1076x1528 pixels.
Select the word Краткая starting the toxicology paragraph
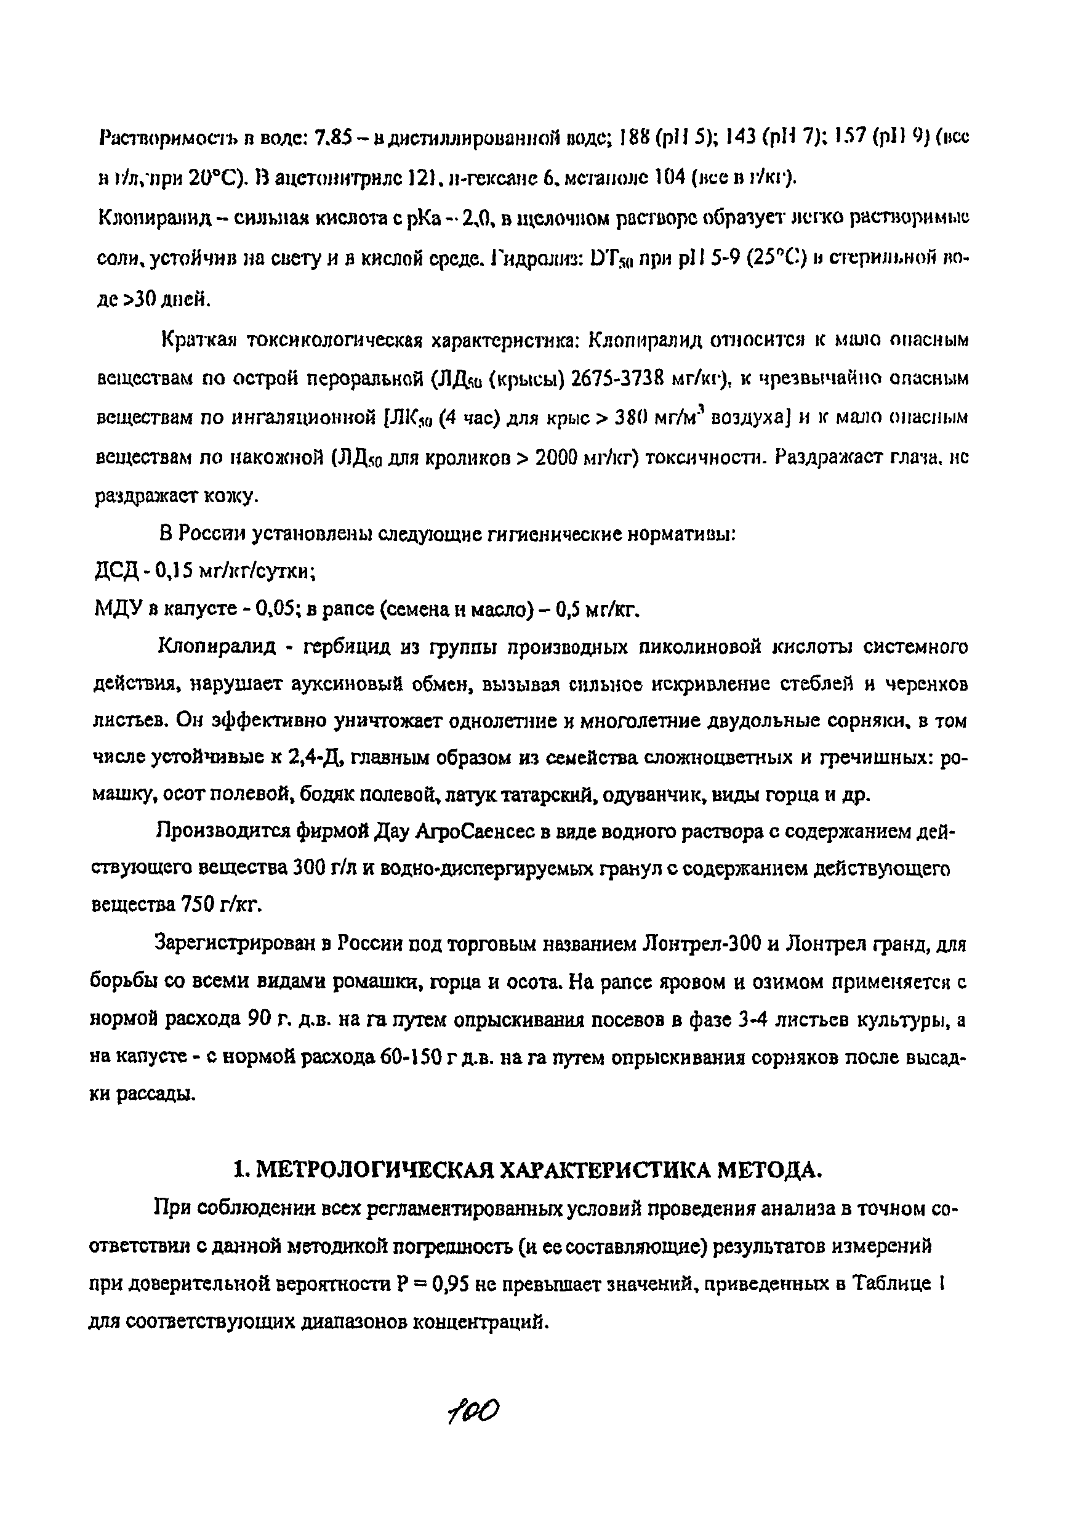pos(199,341)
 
